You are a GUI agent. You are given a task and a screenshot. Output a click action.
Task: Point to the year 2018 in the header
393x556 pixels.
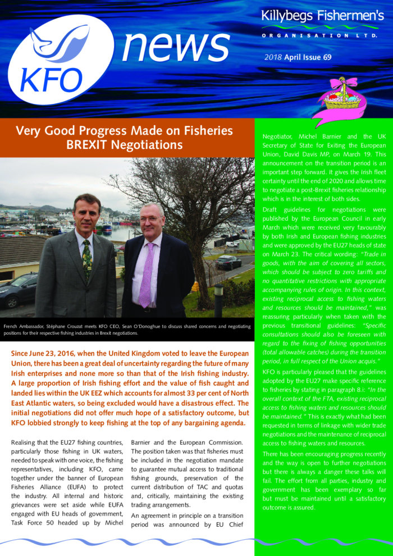click(x=273, y=57)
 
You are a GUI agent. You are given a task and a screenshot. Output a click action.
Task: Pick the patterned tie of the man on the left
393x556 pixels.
click(x=86, y=258)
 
